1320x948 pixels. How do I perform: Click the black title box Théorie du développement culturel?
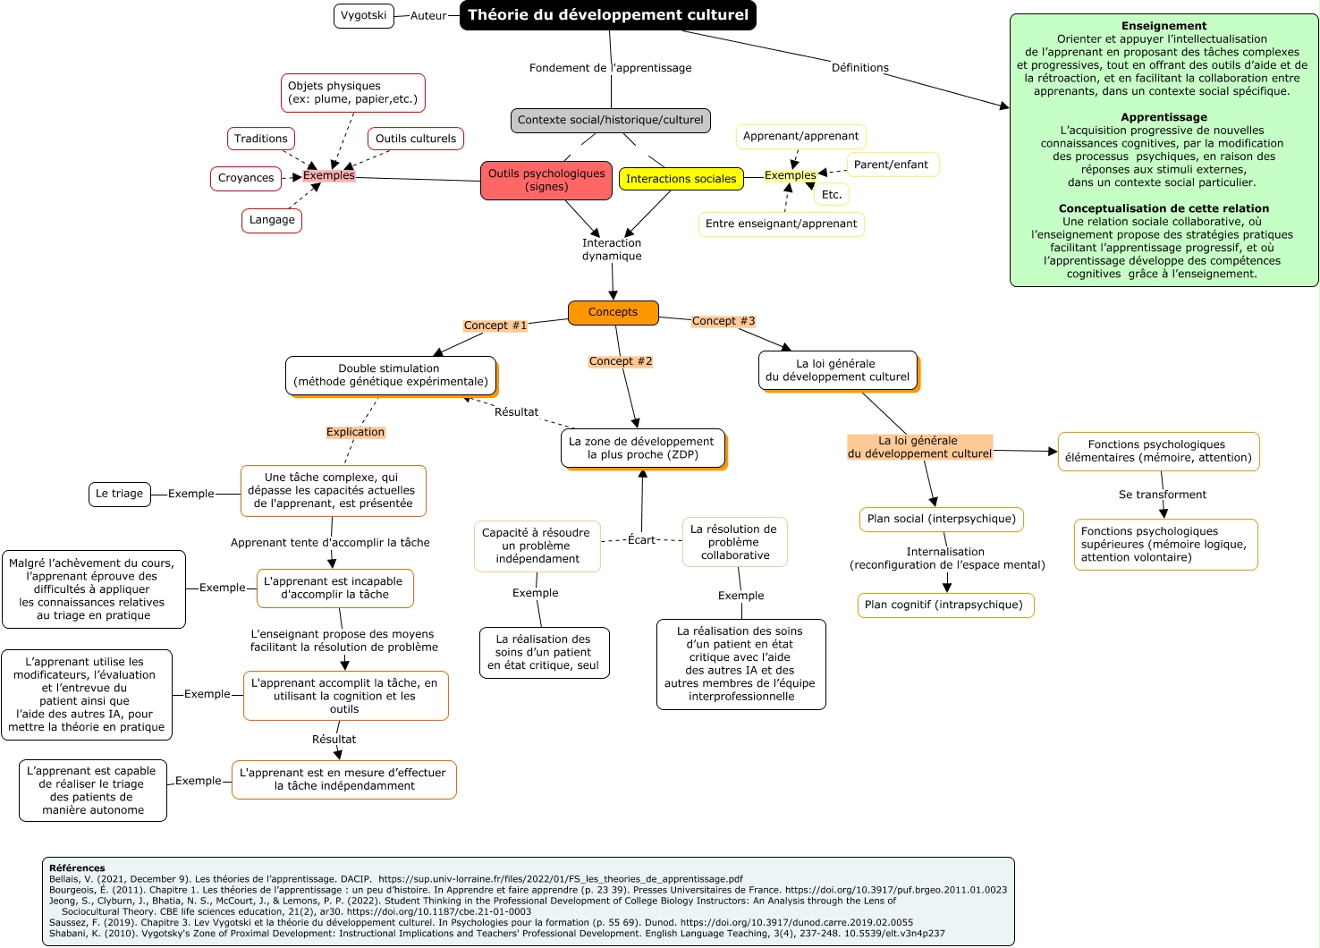coord(608,15)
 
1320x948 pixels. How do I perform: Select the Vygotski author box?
coord(364,16)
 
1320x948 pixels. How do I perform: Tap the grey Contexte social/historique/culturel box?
coord(610,120)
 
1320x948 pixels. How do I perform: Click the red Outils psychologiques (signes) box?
coord(546,181)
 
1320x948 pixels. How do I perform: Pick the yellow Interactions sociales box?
coord(681,179)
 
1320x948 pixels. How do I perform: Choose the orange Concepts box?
coord(613,312)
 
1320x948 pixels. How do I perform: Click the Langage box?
coord(272,220)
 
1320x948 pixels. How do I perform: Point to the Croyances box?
coord(246,178)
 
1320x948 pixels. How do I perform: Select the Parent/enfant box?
coord(891,165)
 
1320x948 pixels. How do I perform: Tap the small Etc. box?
coord(832,194)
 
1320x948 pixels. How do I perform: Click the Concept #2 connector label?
coord(620,361)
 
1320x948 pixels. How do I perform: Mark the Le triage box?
coord(119,494)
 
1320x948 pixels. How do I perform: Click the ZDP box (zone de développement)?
coord(641,448)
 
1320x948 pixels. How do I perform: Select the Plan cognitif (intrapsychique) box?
coord(943,605)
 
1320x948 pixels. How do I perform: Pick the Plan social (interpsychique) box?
coord(942,519)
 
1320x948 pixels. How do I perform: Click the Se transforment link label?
coord(1162,495)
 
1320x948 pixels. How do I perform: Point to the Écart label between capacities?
coord(641,540)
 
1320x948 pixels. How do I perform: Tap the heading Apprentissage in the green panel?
coord(1163,117)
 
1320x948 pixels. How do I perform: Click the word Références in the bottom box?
coord(77,868)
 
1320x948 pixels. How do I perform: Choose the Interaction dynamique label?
coord(612,250)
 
